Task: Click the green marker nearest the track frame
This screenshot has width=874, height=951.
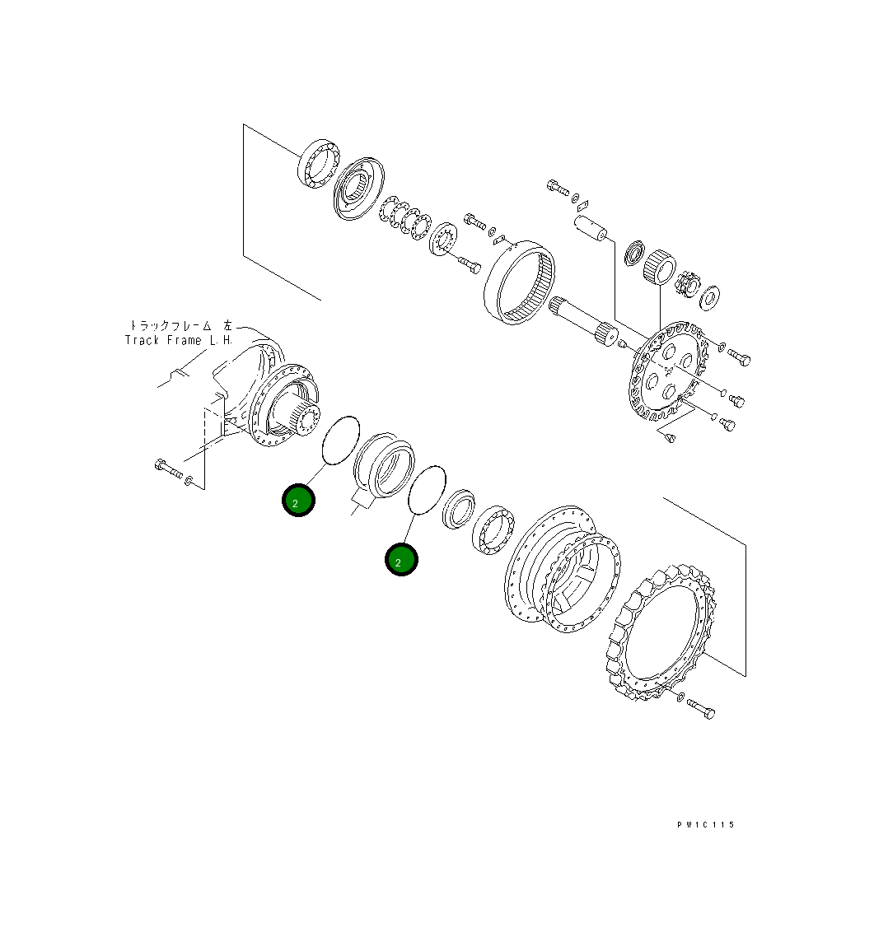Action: pos(298,501)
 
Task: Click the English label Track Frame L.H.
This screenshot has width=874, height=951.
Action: pos(179,340)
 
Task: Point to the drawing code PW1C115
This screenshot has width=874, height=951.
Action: pos(706,824)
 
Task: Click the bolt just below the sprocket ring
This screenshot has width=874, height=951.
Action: pos(699,707)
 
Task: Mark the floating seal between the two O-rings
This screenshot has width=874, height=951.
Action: pos(384,466)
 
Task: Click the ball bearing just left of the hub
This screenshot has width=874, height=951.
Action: pos(493,528)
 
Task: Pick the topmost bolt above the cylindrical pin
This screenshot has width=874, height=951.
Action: pos(558,187)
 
